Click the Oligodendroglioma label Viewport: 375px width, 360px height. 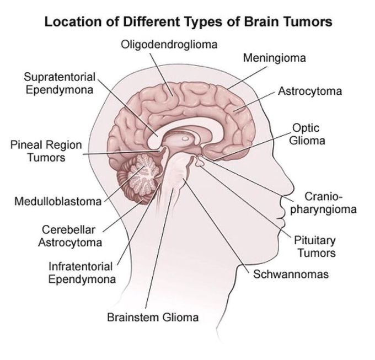click(169, 45)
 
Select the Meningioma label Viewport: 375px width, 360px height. click(274, 58)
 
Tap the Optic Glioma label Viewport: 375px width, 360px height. click(307, 134)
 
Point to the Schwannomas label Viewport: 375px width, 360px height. click(291, 274)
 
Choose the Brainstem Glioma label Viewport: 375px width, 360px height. click(153, 318)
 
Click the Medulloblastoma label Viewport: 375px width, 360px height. click(58, 201)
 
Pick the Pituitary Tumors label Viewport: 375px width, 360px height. click(315, 246)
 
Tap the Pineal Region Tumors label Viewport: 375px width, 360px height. click(46, 151)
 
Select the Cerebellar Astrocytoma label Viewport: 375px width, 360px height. click(70, 236)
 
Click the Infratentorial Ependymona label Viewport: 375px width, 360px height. click(82, 273)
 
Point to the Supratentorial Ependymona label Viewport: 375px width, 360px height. click(60, 83)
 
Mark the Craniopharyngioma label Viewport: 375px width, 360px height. click(323, 203)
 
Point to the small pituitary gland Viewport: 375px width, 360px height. click(199, 163)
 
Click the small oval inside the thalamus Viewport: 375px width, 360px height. click(185, 138)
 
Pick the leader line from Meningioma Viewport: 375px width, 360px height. click(247, 78)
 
